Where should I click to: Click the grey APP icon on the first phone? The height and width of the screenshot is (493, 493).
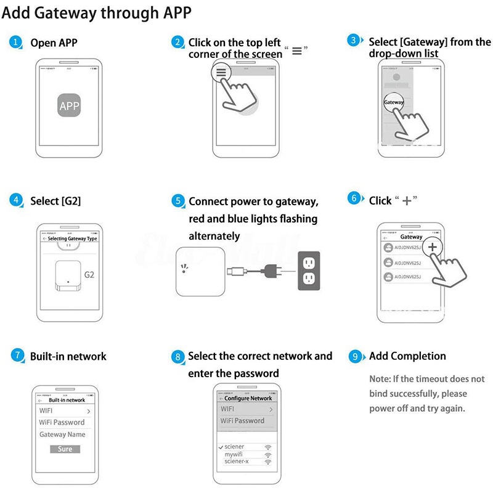pyautogui.click(x=69, y=106)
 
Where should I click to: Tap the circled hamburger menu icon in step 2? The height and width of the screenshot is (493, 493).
pyautogui.click(x=221, y=71)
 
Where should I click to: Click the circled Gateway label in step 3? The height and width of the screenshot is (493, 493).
pyautogui.click(x=394, y=102)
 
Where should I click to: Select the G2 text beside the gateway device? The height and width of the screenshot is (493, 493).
pyautogui.click(x=89, y=274)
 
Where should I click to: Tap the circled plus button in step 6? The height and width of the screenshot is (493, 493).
pyautogui.click(x=433, y=246)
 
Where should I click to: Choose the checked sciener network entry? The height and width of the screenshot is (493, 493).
pyautogui.click(x=234, y=447)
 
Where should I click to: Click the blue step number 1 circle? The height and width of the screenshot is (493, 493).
pyautogui.click(x=16, y=43)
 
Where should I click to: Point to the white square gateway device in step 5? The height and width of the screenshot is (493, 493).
pyautogui.click(x=200, y=271)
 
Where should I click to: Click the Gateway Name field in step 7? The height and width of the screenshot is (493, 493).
pyautogui.click(x=62, y=434)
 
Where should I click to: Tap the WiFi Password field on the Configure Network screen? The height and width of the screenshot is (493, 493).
pyautogui.click(x=242, y=421)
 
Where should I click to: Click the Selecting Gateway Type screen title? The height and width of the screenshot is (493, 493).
pyautogui.click(x=72, y=238)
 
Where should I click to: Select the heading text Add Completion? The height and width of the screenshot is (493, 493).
pyautogui.click(x=407, y=356)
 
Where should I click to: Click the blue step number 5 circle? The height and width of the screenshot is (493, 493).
pyautogui.click(x=178, y=202)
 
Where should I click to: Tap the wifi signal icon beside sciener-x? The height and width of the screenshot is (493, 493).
pyautogui.click(x=268, y=462)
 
